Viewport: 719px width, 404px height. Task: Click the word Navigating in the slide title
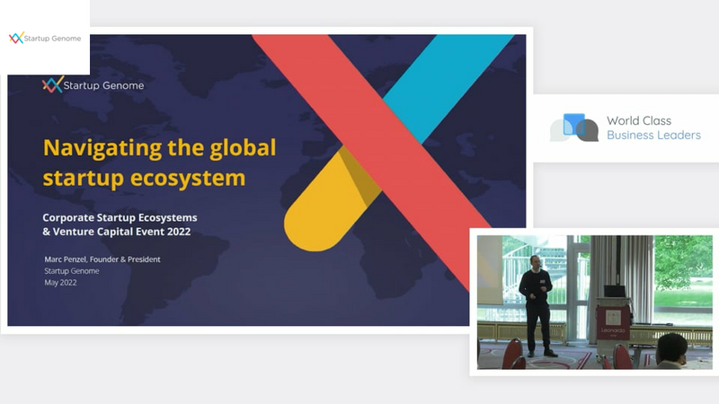[x=102, y=148]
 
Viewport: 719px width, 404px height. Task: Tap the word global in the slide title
[x=243, y=148]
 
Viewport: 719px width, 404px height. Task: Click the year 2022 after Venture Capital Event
[x=179, y=232]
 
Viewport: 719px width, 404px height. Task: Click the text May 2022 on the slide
[x=60, y=283]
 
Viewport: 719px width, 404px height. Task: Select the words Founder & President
[x=125, y=259]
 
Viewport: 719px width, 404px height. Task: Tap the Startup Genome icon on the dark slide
[x=52, y=84]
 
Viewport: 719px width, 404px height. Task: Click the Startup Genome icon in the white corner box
[x=16, y=38]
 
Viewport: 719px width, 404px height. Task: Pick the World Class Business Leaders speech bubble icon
[x=574, y=127]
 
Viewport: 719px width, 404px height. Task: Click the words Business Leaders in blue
[x=654, y=136]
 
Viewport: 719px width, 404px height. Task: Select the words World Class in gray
[x=639, y=120]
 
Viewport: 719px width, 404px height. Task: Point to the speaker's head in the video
[x=535, y=263]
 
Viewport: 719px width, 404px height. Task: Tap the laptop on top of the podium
[x=614, y=291]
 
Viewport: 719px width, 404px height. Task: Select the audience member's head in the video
[x=671, y=349]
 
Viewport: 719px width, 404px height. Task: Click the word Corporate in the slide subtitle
[x=68, y=217]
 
